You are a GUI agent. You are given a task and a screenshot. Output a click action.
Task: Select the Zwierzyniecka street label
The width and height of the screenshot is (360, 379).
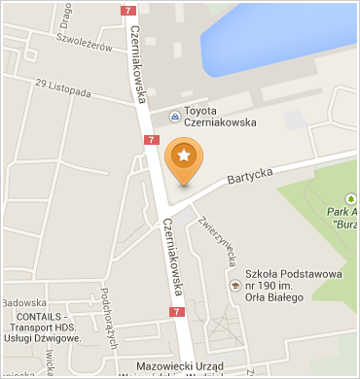[219, 238]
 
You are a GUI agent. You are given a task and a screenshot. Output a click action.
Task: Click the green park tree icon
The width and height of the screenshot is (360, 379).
[349, 193]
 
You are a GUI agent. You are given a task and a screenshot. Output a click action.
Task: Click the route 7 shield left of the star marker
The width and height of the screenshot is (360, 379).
[151, 141]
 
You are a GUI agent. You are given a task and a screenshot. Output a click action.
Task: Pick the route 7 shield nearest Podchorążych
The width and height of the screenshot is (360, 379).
[175, 312]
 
